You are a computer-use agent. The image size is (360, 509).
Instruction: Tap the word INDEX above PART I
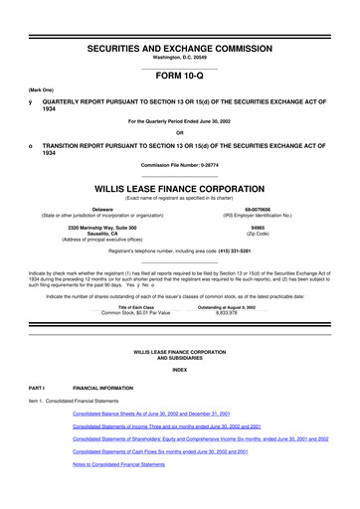pyautogui.click(x=180, y=370)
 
